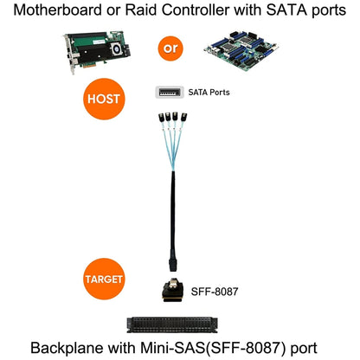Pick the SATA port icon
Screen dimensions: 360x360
tap(170, 91)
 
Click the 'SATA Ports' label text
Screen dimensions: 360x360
tap(209, 91)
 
